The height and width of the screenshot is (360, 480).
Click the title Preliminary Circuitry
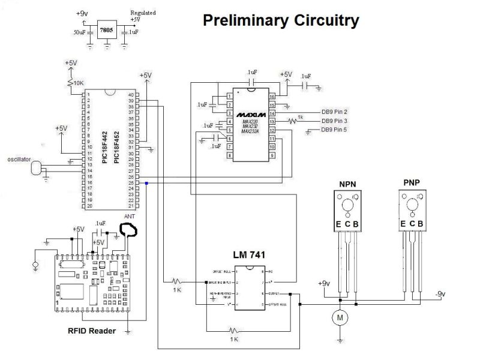[281, 21]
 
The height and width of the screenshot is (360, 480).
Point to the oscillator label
[19, 159]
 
